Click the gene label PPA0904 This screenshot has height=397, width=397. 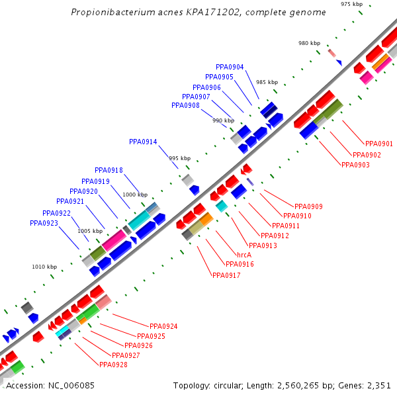[x=230, y=67]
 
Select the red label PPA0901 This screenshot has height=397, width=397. [x=378, y=144]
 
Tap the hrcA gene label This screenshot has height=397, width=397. [x=243, y=254]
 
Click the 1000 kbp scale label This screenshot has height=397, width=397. [x=135, y=195]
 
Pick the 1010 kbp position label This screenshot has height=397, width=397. [x=44, y=267]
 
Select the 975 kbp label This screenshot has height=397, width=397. [x=351, y=4]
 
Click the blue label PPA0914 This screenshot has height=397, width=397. [x=143, y=142]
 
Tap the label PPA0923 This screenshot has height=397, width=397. [x=44, y=223]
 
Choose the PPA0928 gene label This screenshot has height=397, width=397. [x=113, y=365]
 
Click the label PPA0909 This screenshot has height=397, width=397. [x=308, y=206]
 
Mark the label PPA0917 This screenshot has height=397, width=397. [x=226, y=275]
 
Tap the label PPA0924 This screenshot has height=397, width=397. [x=163, y=326]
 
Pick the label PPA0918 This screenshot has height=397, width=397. [x=109, y=170]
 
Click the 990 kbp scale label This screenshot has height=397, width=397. [x=223, y=120]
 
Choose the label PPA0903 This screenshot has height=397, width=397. [x=355, y=165]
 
